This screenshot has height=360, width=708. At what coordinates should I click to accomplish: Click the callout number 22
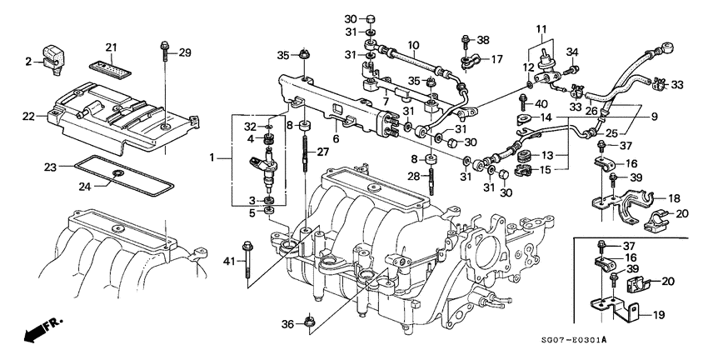tap(28, 117)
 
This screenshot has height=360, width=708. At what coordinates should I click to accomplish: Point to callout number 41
tap(230, 263)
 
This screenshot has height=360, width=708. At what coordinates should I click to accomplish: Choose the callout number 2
tap(27, 61)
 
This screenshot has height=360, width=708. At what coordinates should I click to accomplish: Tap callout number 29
tap(184, 53)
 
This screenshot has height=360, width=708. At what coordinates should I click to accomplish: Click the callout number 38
tap(483, 40)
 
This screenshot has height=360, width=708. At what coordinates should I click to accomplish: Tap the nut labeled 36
tap(309, 319)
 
